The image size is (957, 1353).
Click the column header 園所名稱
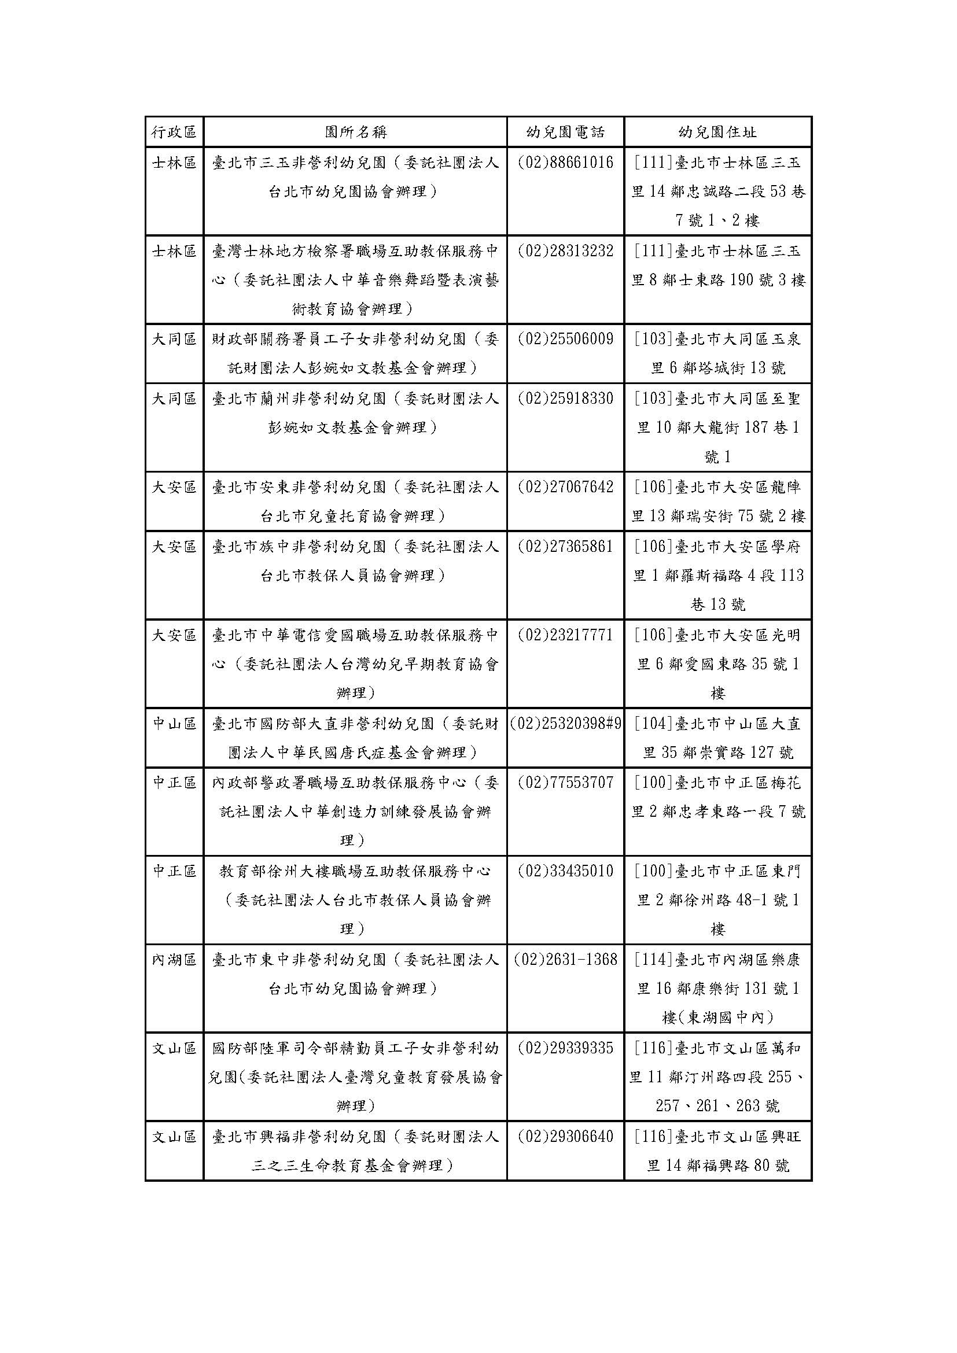coord(355,132)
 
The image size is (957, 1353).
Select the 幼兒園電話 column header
coord(565,132)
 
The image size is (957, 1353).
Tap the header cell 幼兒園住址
coord(717,132)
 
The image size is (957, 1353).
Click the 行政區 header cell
coord(174,132)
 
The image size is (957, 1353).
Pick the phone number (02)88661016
coord(565,163)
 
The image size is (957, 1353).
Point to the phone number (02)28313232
coord(565,251)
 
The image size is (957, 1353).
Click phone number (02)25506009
coord(565,340)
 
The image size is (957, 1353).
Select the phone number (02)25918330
coord(565,399)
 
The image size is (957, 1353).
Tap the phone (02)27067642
coord(565,487)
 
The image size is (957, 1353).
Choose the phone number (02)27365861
coord(565,547)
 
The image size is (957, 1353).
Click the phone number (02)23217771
coord(565,635)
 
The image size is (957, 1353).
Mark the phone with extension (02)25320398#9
coord(566,724)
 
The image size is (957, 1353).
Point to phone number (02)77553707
coord(565,783)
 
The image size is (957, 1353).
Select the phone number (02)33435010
coord(565,872)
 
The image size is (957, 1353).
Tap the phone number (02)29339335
coord(565,1048)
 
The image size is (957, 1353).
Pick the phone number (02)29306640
coord(565,1137)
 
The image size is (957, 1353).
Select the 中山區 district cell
coord(174,724)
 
